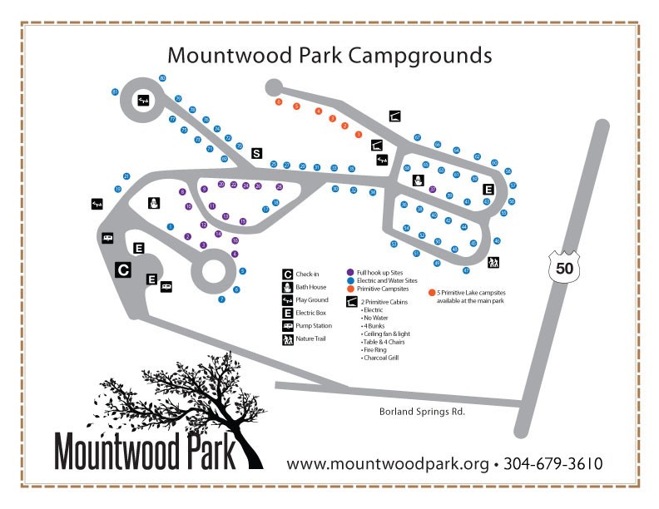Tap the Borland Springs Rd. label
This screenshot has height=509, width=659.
(415, 411)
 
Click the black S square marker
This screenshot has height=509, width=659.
(256, 153)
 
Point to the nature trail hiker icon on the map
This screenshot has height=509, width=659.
(493, 262)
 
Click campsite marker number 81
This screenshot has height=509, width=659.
(115, 91)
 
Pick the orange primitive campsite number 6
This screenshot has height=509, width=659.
(279, 101)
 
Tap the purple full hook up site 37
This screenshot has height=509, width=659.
(433, 190)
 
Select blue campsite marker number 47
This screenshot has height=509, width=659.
(466, 270)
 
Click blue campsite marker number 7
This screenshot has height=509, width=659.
(221, 299)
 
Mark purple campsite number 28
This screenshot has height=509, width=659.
(280, 187)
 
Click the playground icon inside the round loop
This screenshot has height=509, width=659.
(144, 101)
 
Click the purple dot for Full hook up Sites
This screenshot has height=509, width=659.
(350, 272)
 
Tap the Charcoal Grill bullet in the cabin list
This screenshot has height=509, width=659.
(379, 358)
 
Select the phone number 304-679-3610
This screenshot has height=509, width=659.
(554, 463)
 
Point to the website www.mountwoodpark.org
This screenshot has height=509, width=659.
(387, 463)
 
